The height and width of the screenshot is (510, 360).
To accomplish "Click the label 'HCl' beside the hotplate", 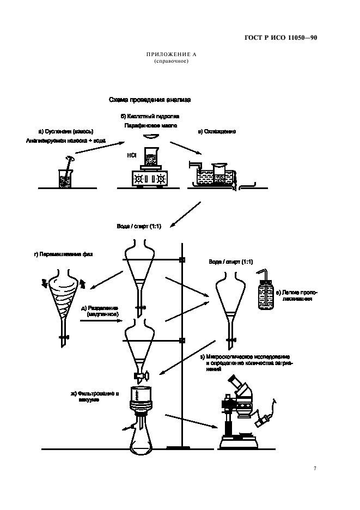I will [x=131, y=155].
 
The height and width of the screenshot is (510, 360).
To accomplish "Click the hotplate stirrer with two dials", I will [x=149, y=178].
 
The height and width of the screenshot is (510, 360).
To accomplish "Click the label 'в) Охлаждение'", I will [x=216, y=131].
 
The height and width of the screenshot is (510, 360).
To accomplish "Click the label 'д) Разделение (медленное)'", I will [x=100, y=311].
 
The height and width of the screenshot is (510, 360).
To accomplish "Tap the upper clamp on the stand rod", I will [x=182, y=260].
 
